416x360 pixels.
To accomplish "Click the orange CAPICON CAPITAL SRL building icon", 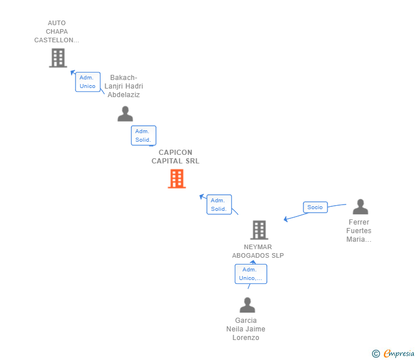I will click(177, 179).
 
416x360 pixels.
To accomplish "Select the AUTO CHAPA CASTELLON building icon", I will click(58, 58).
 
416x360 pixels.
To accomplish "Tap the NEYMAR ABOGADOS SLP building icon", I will click(259, 230).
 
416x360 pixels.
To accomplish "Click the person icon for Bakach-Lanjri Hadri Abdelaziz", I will click(125, 114).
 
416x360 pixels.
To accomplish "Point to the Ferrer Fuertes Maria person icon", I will click(360, 206).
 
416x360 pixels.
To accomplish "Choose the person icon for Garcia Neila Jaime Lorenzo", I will click(247, 305).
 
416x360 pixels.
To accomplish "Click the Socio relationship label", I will click(315, 207).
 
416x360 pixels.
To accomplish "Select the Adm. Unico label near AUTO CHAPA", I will click(87, 82).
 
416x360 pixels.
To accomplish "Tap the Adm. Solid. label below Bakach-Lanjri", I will click(143, 135).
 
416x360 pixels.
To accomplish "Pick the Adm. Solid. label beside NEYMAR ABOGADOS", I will click(219, 205).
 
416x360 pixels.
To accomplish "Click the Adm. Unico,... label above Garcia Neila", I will click(251, 274).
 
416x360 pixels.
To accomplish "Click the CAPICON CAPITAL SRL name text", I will click(175, 157).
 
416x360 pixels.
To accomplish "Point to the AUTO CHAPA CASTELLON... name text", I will click(57, 32).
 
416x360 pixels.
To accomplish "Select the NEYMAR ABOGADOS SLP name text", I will click(258, 251).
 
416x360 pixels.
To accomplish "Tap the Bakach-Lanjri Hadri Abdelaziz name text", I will click(124, 86).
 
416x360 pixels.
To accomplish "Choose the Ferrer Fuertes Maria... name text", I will click(359, 231).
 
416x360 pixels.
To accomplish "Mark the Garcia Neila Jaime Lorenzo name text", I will click(246, 329).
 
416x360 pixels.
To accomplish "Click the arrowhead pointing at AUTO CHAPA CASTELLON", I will click(73, 73).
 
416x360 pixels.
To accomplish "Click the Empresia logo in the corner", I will click(399, 354).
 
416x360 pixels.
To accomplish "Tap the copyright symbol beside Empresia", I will click(376, 354).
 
